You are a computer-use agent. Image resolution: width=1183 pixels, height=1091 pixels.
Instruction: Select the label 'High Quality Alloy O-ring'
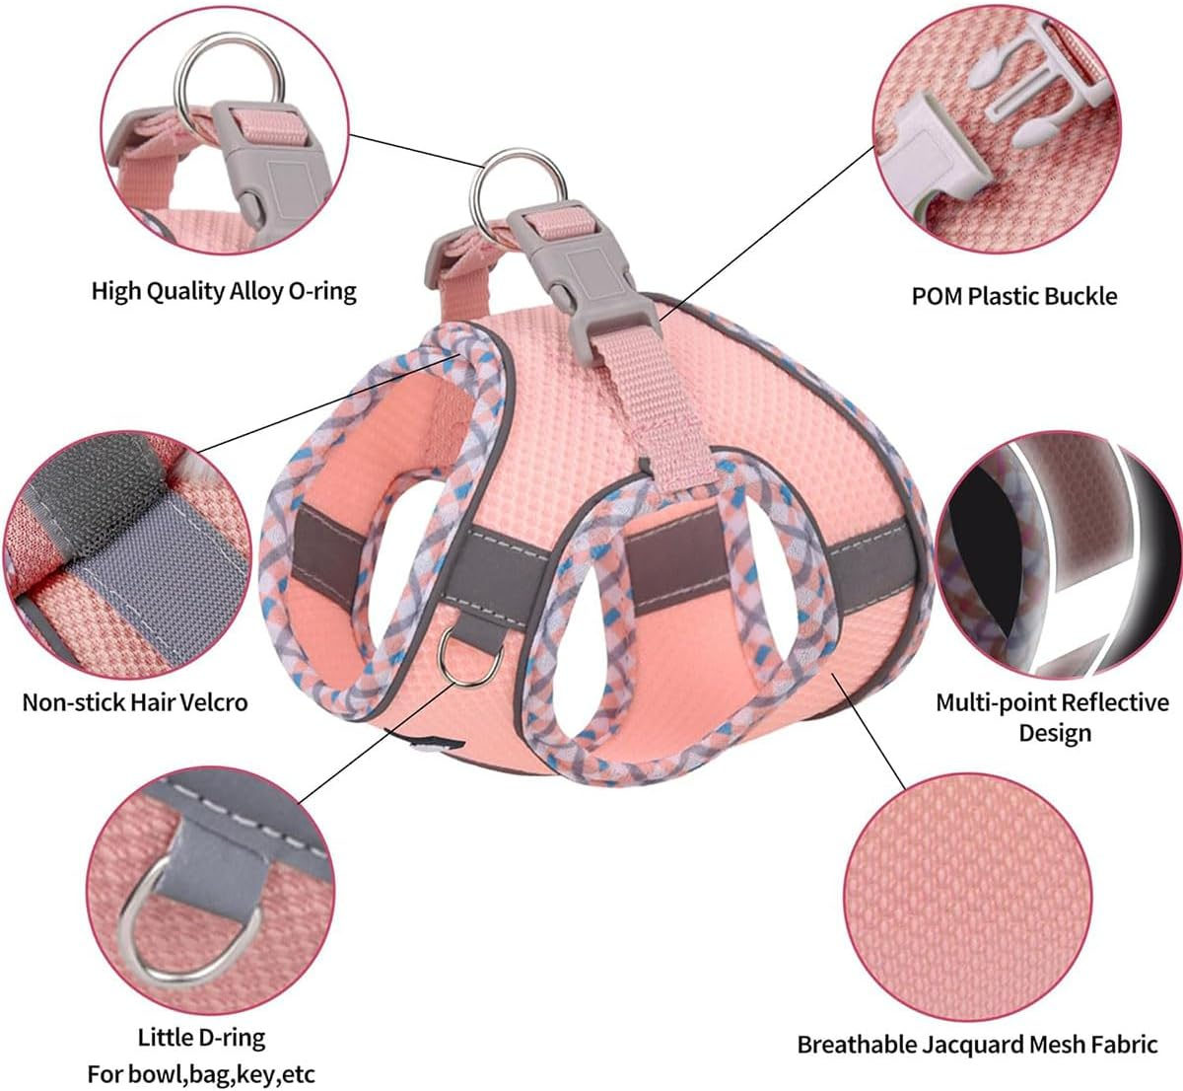224,291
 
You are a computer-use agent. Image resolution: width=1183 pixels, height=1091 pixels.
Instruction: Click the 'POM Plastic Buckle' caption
1014,296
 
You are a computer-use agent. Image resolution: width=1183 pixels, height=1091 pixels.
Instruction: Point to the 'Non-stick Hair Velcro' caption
135,702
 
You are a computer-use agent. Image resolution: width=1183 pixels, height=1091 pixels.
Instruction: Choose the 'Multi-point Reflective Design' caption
1052,717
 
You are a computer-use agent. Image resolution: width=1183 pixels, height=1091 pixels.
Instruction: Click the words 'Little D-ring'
201,1038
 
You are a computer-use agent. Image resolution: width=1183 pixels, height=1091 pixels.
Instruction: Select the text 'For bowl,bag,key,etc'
201,1073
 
